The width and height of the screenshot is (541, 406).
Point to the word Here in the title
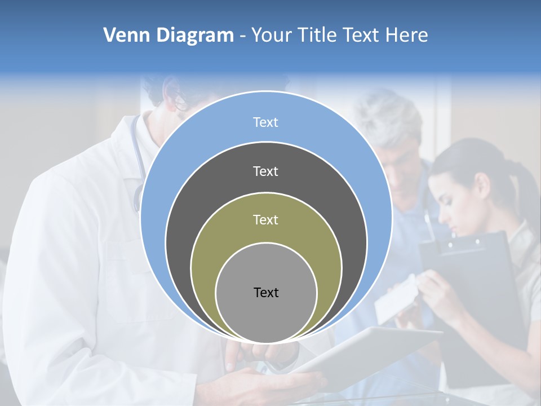click(406, 36)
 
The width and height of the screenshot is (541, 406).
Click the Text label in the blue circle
click(265, 122)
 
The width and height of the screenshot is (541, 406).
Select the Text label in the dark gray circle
click(265, 171)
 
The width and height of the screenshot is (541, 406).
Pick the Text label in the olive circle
click(265, 219)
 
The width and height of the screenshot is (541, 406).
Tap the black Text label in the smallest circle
click(266, 292)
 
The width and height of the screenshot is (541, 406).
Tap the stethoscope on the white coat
click(137, 169)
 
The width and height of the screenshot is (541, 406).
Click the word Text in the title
click(361, 36)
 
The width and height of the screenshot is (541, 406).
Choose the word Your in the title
click(272, 36)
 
